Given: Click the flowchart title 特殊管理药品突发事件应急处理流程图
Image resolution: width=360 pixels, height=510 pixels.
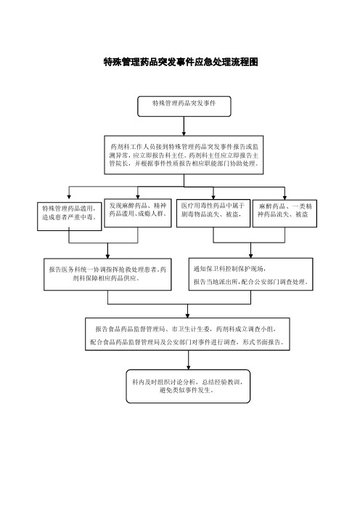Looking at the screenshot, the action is click(x=181, y=62).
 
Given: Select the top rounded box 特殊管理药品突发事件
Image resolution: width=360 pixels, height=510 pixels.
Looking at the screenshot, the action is click(x=184, y=106).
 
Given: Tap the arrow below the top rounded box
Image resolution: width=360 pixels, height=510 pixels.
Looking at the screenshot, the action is click(x=184, y=126).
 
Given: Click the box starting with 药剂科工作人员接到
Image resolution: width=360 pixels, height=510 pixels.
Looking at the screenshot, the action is click(x=184, y=155).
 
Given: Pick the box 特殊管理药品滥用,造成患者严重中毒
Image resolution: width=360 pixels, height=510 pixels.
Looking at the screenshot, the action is click(x=70, y=216).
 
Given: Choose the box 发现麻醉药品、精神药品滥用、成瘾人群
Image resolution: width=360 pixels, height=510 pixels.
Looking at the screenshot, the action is click(x=138, y=213).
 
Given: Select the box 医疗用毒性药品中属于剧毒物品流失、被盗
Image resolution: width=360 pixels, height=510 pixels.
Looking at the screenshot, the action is click(x=213, y=213).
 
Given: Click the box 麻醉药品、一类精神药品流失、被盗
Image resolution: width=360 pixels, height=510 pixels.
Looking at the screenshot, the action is click(x=285, y=214).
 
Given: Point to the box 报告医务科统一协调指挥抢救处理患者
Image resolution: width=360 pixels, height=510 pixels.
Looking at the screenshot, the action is click(x=107, y=274).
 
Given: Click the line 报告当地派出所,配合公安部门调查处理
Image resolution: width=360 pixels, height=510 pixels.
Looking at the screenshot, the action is click(x=251, y=282).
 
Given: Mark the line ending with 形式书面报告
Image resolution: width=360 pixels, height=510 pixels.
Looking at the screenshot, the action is click(x=187, y=342).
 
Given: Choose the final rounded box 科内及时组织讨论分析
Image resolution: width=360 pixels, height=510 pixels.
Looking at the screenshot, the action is click(x=188, y=386).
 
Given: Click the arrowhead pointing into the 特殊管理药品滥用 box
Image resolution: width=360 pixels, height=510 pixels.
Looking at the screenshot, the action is click(x=69, y=197).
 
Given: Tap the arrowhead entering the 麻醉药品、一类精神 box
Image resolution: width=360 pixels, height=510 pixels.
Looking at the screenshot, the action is click(x=285, y=198).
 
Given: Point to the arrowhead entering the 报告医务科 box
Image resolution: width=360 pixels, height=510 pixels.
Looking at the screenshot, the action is click(x=107, y=256).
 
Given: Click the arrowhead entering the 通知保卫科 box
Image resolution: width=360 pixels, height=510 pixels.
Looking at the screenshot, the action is click(x=250, y=256).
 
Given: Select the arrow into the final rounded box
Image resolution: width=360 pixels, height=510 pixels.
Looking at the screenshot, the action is click(x=189, y=360).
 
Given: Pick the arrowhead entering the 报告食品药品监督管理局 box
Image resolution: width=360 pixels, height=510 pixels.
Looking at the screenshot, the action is click(x=187, y=315).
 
